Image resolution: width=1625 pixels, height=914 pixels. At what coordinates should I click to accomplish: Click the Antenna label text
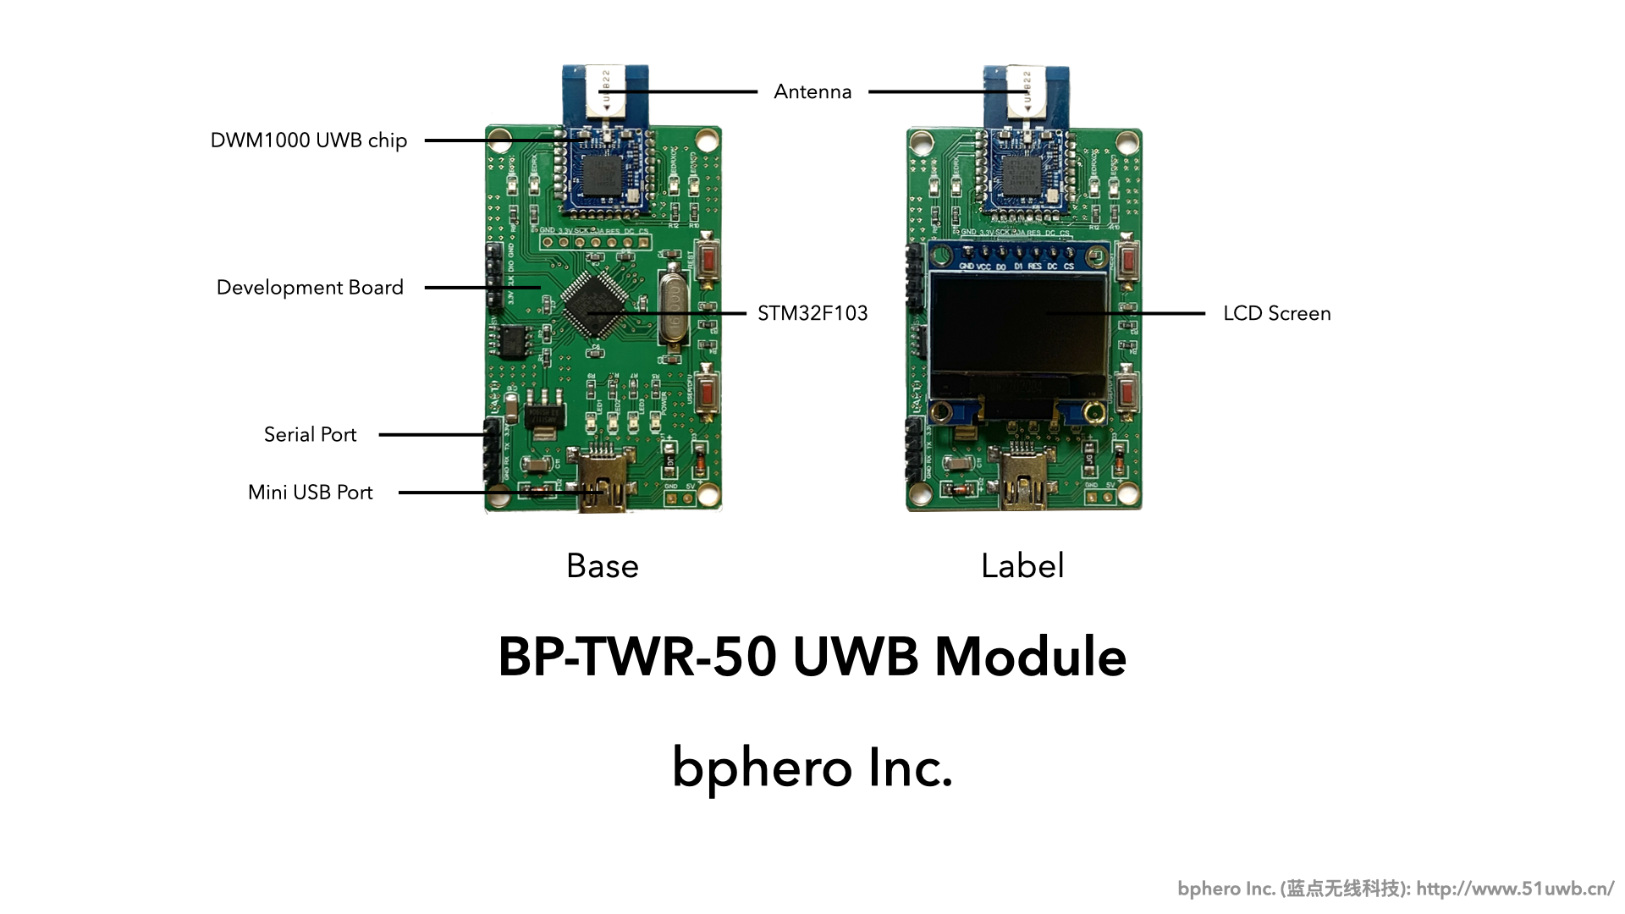pos(812,91)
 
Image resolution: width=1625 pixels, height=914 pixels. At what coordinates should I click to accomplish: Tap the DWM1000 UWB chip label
pos(309,140)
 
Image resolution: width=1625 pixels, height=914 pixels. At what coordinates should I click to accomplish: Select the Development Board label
pos(310,288)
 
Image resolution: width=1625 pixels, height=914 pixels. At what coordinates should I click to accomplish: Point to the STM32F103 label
pos(812,314)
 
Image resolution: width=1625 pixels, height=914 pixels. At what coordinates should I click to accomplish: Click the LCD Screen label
pos(1276,314)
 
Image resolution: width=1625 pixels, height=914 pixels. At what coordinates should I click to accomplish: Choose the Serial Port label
pos(310,435)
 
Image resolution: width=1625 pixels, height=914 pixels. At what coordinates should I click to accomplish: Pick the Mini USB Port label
pos(310,493)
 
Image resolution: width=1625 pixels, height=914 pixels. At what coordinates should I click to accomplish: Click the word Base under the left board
pos(602,566)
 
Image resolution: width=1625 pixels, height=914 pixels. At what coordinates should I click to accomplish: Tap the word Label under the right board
pos(1022,566)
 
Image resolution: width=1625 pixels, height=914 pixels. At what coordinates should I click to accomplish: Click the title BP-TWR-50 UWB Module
pos(812,657)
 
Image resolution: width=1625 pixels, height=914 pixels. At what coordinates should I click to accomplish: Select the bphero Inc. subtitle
pos(812,768)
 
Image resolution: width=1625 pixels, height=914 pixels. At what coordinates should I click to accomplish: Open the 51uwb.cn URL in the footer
pos(1515,889)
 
